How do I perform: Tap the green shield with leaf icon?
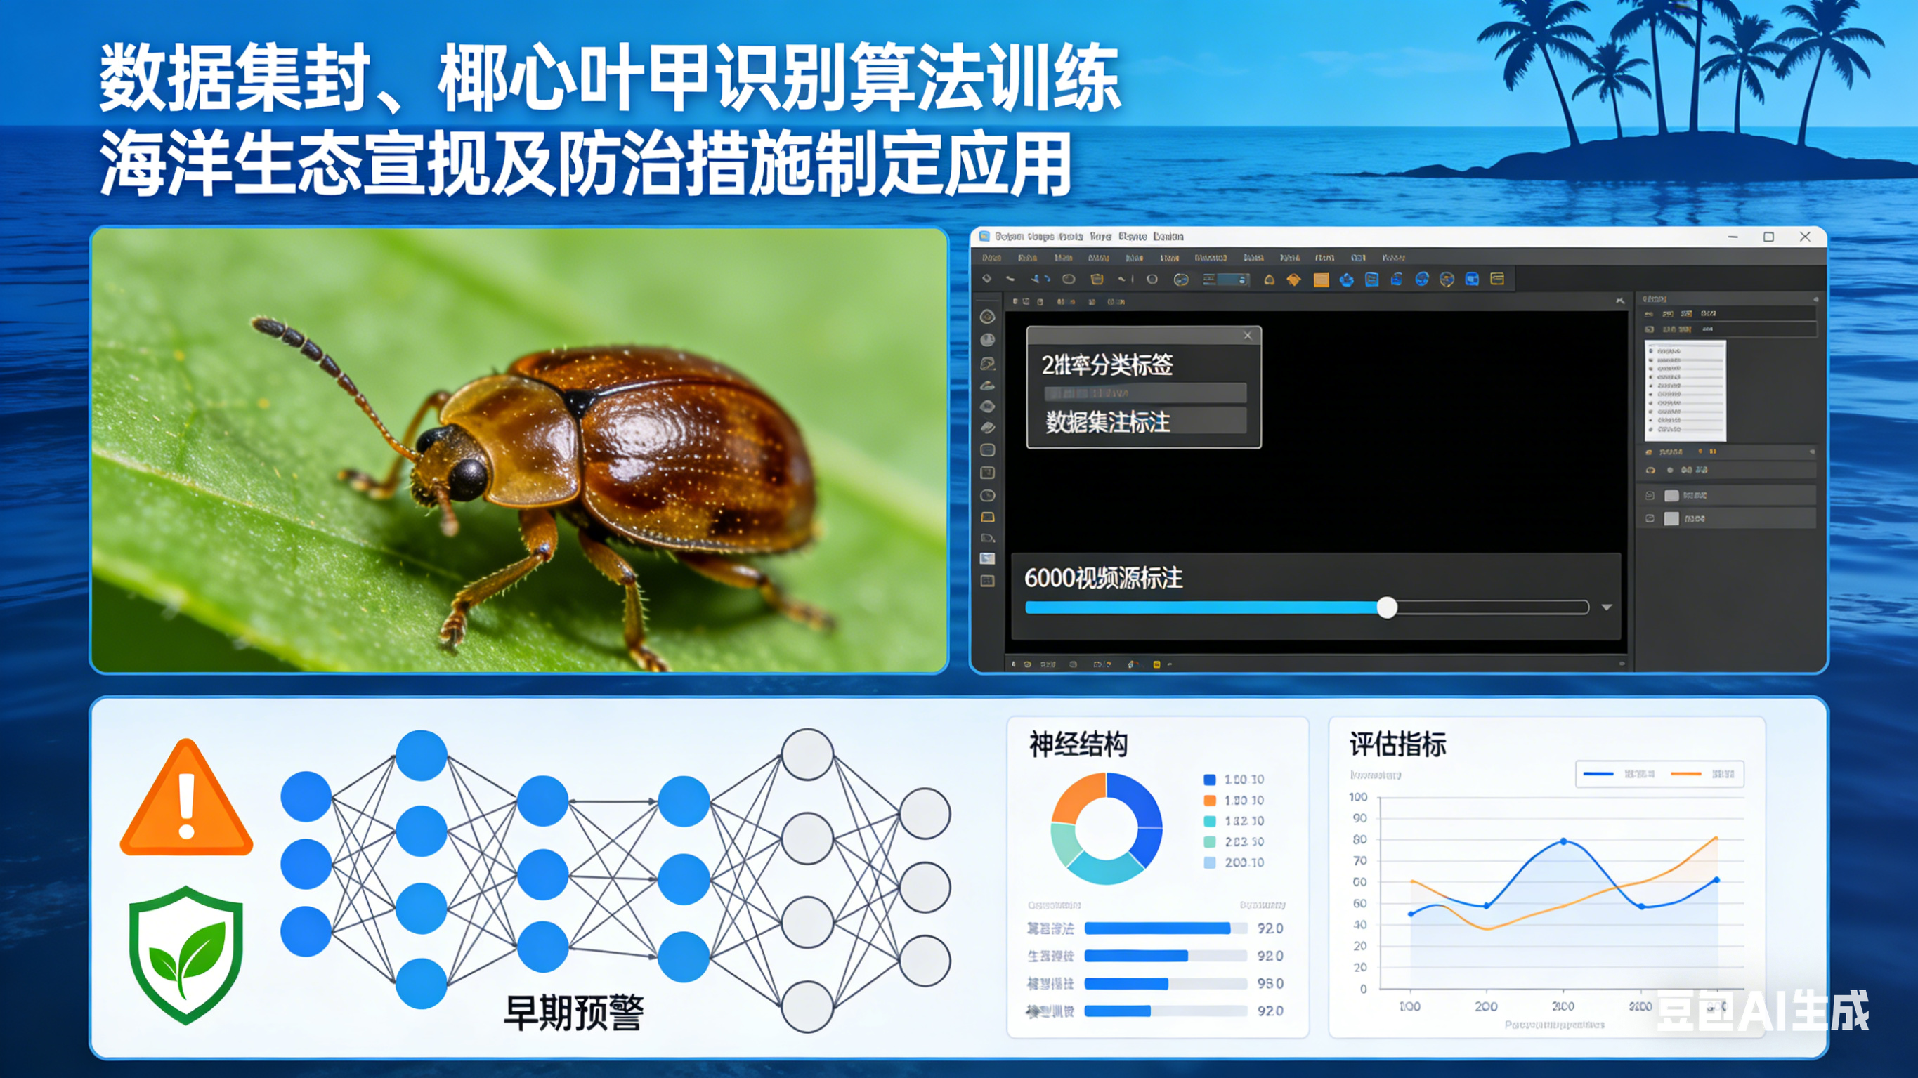coord(186,953)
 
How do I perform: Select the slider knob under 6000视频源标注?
coord(1386,607)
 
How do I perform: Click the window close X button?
coord(1805,237)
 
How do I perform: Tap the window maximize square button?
coord(1768,237)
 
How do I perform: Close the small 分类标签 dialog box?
coord(1248,336)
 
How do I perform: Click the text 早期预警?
coord(573,1013)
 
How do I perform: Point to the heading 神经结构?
coord(1078,744)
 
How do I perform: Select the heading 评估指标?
coord(1397,744)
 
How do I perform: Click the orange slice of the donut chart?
coord(1076,796)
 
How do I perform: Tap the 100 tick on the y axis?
coord(1358,797)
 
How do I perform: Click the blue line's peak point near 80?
coord(1563,841)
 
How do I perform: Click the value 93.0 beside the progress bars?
coord(1270,983)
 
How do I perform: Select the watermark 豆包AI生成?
coord(1761,1011)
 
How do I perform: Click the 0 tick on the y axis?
coord(1363,990)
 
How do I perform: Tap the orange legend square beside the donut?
coord(1210,801)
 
